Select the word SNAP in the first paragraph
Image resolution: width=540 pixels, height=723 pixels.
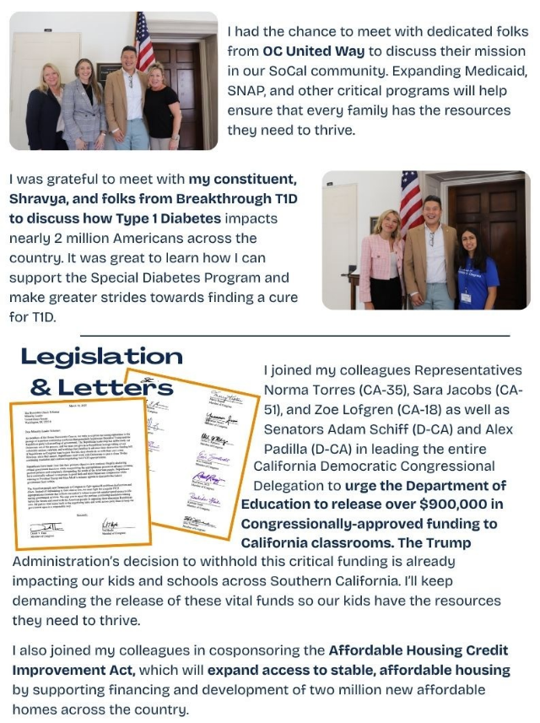(248, 90)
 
